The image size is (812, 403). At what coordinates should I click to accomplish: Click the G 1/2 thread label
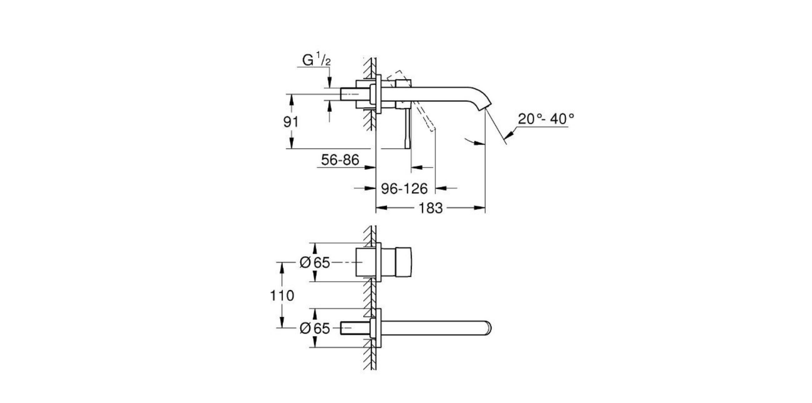pyautogui.click(x=316, y=61)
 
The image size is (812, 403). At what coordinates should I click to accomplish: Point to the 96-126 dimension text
pyautogui.click(x=404, y=189)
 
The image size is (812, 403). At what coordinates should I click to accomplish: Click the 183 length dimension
pyautogui.click(x=430, y=208)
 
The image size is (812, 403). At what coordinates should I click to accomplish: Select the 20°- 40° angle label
pyautogui.click(x=546, y=118)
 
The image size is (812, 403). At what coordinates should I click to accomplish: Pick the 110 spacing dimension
pyautogui.click(x=282, y=295)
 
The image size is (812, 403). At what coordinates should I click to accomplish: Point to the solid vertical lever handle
pyautogui.click(x=408, y=128)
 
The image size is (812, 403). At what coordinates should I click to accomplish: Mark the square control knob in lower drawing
pyautogui.click(x=395, y=263)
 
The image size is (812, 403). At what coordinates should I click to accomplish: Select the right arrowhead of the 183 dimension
pyautogui.click(x=481, y=208)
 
